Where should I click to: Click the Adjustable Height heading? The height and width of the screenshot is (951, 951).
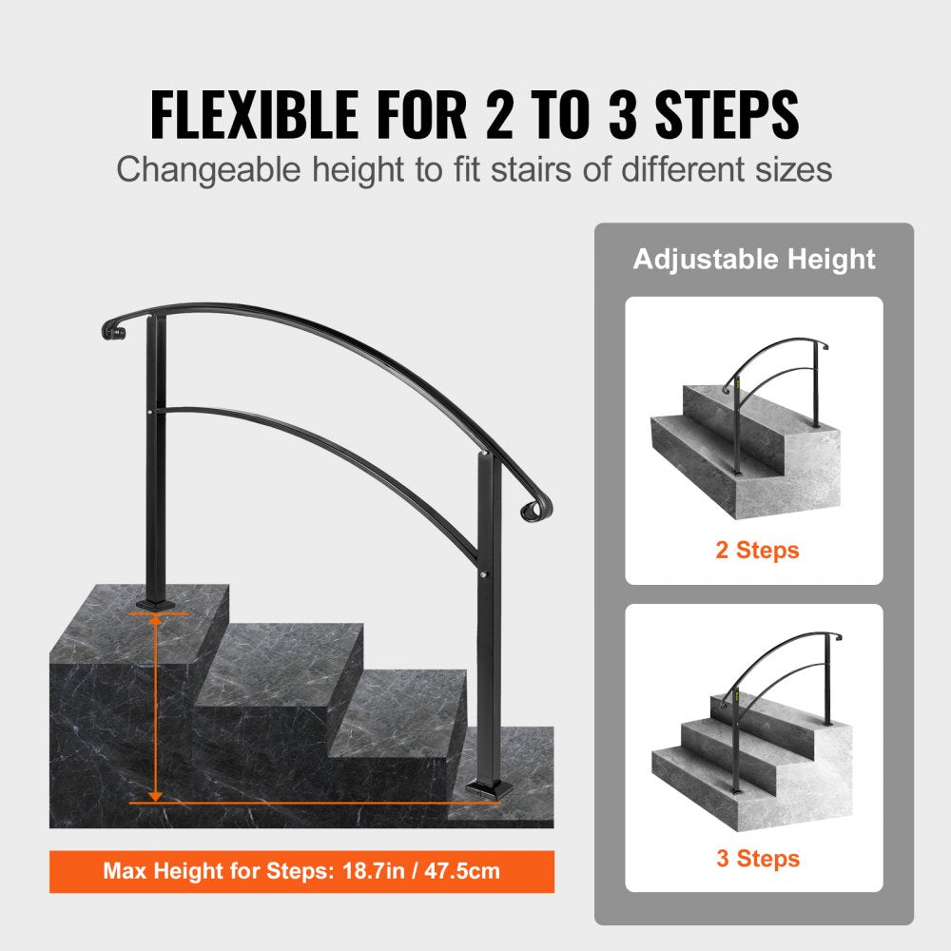pyautogui.click(x=754, y=259)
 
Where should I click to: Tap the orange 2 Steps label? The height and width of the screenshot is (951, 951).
pyautogui.click(x=757, y=550)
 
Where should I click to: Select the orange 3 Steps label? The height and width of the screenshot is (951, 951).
pyautogui.click(x=757, y=859)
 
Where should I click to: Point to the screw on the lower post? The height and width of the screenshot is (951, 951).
pyautogui.click(x=487, y=576)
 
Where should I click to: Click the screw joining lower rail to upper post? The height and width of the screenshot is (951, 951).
pyautogui.click(x=156, y=411)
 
